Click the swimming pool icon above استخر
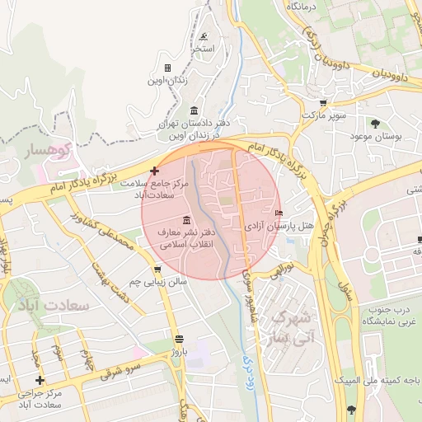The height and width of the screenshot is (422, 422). pos(204,36)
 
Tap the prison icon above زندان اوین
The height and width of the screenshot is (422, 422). pos(167,68)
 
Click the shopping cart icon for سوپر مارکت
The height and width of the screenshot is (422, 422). pos(323,104)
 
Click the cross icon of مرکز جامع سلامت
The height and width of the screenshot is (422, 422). pos(154,171)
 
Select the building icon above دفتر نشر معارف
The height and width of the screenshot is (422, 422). pos(186,220)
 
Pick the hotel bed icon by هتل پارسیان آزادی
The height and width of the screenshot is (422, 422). pos(278,213)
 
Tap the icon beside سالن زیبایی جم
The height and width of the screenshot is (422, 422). pos(157,270)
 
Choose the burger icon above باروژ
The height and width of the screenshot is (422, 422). pos(179,340)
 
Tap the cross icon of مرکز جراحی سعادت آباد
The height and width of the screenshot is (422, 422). pos(40,380)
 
